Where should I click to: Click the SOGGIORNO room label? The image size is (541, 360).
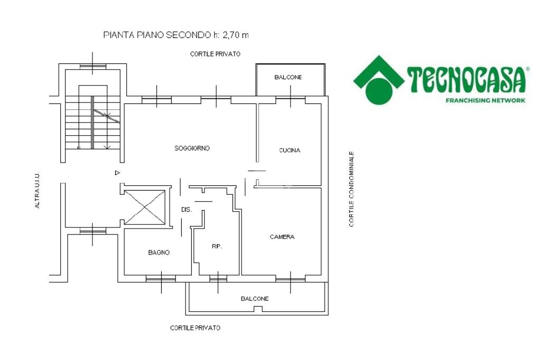point(192,148)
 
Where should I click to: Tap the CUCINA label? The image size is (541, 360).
point(290,150)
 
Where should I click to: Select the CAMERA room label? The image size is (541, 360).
point(282,237)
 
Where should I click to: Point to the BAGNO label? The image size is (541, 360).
point(158,252)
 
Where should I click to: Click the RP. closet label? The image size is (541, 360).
point(217,247)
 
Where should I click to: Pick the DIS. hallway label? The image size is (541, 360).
point(186,210)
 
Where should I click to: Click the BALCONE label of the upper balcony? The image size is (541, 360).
point(288,77)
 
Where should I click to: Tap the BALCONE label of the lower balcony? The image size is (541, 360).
point(255,299)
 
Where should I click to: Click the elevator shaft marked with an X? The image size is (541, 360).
point(145,207)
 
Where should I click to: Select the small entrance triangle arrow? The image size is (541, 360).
point(117,173)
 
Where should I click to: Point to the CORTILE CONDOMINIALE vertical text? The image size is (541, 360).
point(351,189)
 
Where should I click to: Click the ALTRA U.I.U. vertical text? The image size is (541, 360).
point(38,190)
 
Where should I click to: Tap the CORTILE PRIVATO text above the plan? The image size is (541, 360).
point(216,54)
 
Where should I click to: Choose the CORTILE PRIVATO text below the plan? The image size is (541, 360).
point(195,328)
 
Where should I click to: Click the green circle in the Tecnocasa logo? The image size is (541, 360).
point(379,91)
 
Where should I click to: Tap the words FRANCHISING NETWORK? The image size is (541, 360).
point(486,100)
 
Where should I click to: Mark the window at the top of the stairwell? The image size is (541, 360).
point(93,67)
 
